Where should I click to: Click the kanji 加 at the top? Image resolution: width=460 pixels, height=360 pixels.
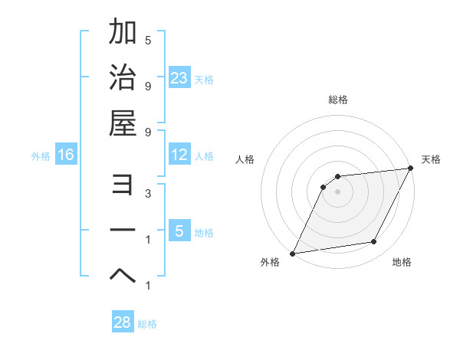click(x=123, y=32)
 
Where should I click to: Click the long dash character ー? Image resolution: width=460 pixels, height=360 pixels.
click(x=123, y=230)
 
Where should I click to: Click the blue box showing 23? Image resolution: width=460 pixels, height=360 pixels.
click(x=179, y=77)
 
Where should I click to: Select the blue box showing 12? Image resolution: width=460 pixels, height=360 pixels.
click(x=179, y=155)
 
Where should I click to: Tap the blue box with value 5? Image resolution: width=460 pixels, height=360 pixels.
click(x=179, y=231)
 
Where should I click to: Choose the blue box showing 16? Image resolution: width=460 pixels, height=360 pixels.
click(x=66, y=155)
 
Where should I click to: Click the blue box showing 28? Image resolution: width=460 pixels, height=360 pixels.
click(x=123, y=322)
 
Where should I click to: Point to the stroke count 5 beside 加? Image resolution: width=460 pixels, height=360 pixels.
click(x=148, y=40)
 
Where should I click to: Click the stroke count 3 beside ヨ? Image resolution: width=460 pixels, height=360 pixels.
click(x=148, y=195)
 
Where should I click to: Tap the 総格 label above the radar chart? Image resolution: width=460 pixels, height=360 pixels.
click(x=338, y=100)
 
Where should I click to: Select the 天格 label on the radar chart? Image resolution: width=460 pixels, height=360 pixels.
click(x=431, y=159)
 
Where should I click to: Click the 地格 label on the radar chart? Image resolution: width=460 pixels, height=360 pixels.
click(x=402, y=262)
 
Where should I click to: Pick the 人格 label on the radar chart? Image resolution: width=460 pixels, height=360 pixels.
click(x=245, y=159)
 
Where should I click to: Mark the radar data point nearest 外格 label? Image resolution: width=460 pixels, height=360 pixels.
click(x=292, y=253)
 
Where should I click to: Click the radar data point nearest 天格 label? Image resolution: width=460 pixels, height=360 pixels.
click(x=411, y=169)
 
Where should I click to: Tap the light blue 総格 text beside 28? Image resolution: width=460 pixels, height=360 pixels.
click(x=147, y=324)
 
